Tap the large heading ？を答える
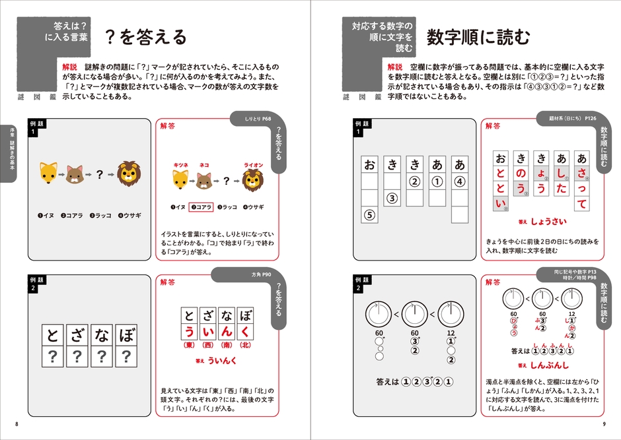coord(147,38)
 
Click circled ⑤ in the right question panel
coord(370,214)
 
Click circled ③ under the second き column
coord(391,197)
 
